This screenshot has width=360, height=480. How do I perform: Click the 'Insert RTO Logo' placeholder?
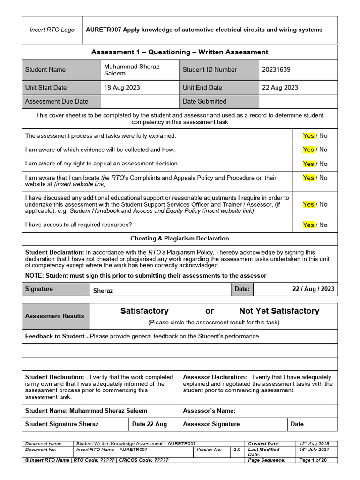click(52, 30)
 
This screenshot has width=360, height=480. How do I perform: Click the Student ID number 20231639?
click(276, 69)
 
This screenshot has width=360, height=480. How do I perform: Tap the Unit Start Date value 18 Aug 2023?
click(122, 87)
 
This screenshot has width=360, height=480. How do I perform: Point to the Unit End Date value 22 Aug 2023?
click(280, 87)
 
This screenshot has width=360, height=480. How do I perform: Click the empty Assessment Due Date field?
click(140, 101)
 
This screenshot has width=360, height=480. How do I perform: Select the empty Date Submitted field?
click(298, 101)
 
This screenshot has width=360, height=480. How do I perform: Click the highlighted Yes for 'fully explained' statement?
click(308, 135)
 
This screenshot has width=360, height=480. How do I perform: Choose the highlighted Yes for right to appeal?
click(308, 164)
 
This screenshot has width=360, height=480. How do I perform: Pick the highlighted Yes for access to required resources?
click(308, 225)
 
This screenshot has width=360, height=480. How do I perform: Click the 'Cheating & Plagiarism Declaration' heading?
click(180, 239)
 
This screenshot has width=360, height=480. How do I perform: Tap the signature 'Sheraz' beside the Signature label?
click(103, 290)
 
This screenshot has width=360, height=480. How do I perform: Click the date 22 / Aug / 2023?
click(313, 289)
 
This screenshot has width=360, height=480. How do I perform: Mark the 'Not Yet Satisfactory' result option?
click(279, 311)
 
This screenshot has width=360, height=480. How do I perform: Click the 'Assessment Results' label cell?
click(55, 316)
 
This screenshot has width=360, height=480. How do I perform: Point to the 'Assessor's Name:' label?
click(209, 411)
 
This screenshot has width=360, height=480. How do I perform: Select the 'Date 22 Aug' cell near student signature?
click(150, 424)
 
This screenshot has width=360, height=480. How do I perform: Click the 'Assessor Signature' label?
click(211, 424)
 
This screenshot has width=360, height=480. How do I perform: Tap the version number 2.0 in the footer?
click(237, 450)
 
